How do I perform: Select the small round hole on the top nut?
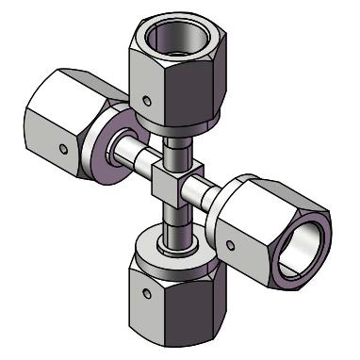tap(144, 98)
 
